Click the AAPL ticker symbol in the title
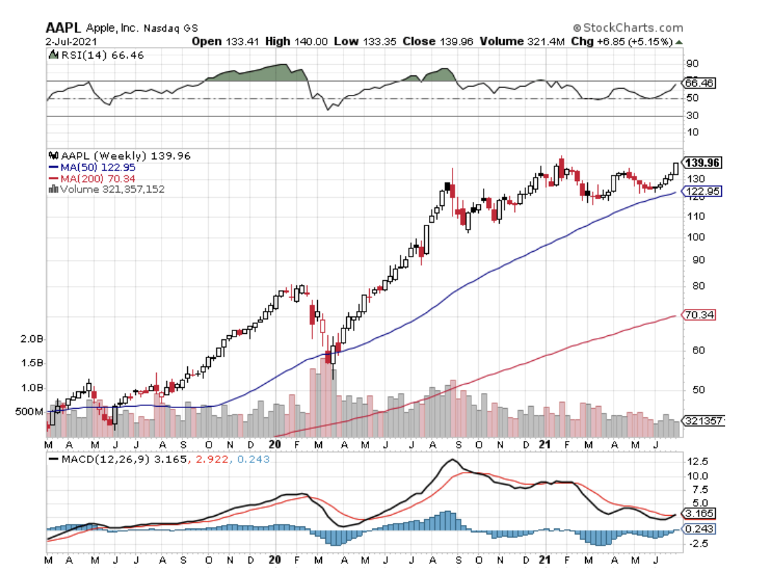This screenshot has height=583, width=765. click(x=63, y=28)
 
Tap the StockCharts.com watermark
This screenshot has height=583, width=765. click(x=628, y=28)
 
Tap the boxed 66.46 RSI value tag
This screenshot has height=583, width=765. click(x=698, y=83)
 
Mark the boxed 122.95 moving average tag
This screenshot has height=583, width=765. click(x=700, y=192)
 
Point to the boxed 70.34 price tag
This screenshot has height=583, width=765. click(x=698, y=314)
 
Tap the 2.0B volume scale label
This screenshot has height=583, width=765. click(x=32, y=340)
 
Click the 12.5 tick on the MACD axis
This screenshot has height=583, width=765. click(x=697, y=462)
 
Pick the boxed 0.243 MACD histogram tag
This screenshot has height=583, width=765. click(x=698, y=529)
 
